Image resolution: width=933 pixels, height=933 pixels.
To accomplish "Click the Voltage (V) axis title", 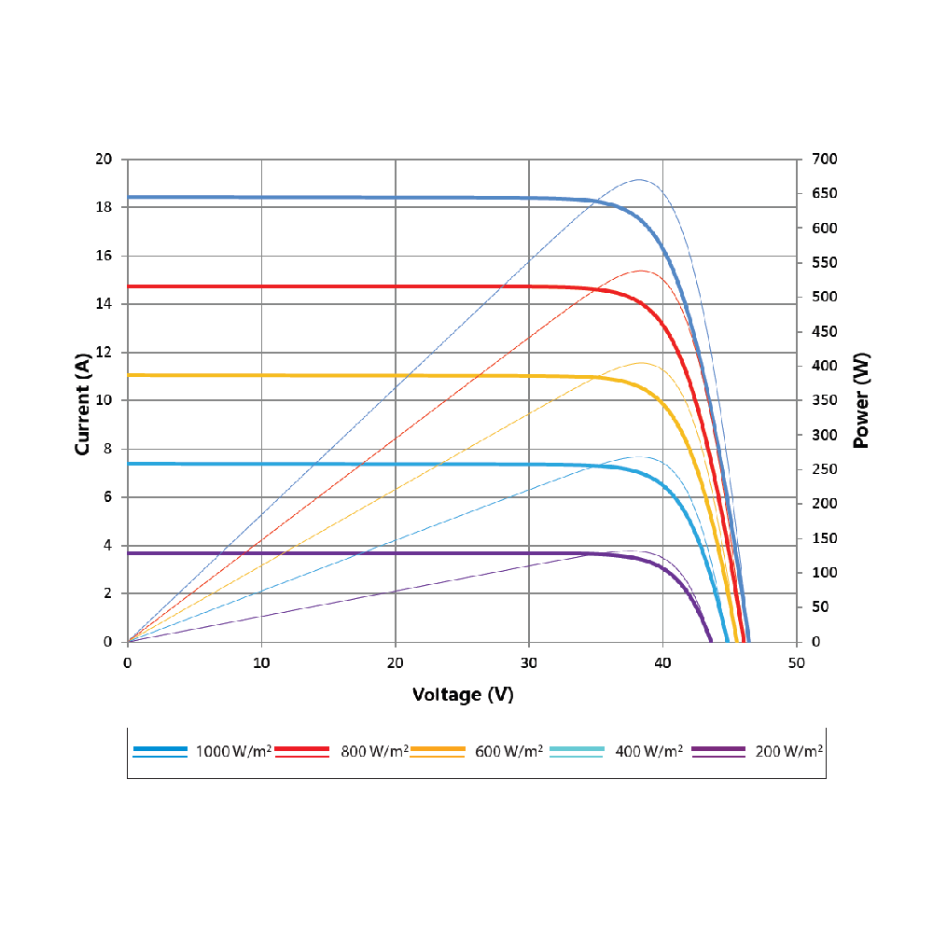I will [463, 695].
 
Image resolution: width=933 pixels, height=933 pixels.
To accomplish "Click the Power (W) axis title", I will [861, 400].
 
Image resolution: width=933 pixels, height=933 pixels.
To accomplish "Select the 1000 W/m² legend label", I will [233, 751].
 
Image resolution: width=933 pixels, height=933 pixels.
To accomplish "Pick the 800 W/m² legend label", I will [374, 751].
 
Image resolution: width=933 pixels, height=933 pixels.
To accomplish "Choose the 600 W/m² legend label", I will [509, 751].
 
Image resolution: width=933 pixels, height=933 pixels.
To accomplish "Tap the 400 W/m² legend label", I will [648, 751].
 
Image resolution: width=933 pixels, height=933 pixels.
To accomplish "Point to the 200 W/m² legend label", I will [788, 751].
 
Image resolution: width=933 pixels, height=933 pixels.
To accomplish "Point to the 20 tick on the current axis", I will [104, 160].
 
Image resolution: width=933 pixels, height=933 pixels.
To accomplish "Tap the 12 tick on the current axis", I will [104, 353].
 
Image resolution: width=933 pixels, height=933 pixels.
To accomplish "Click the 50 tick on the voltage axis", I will [796, 662].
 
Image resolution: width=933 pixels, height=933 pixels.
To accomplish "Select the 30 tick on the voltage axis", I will [529, 662].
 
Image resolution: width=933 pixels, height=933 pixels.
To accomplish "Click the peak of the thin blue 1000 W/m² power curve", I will [639, 179].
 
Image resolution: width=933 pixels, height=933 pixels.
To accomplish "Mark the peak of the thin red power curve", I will [641, 271].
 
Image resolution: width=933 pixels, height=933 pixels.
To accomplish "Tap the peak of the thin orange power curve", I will [641, 362].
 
